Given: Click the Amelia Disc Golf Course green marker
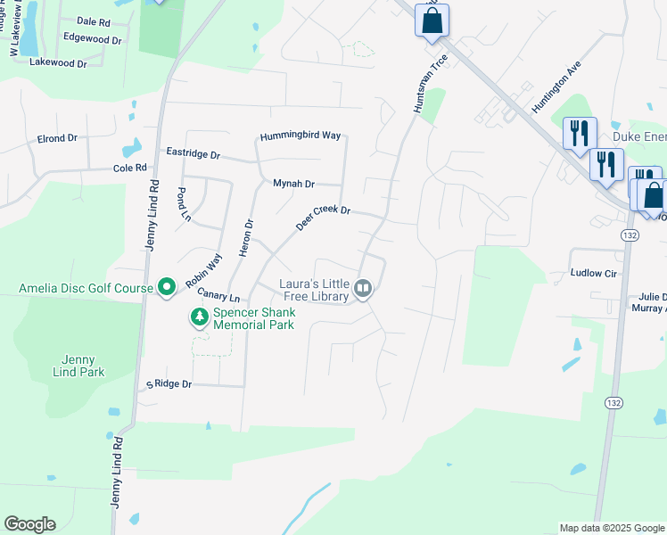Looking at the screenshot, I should [166, 287].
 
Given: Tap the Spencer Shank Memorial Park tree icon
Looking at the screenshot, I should [200, 317].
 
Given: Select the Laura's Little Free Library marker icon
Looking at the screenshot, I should [363, 287].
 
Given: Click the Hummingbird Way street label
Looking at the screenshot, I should [301, 136].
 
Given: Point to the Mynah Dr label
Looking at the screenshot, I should [293, 184].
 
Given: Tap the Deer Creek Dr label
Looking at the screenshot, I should [323, 218].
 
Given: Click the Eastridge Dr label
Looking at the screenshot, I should [193, 153].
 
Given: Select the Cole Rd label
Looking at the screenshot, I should [129, 168].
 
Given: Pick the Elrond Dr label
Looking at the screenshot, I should [58, 139].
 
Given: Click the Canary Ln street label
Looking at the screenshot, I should [219, 294].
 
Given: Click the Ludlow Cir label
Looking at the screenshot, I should [594, 274].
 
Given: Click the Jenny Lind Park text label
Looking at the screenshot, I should [78, 366].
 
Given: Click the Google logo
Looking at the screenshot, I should [29, 524].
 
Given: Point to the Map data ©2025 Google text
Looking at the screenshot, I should [611, 528].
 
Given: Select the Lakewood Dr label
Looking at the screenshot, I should [58, 63].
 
